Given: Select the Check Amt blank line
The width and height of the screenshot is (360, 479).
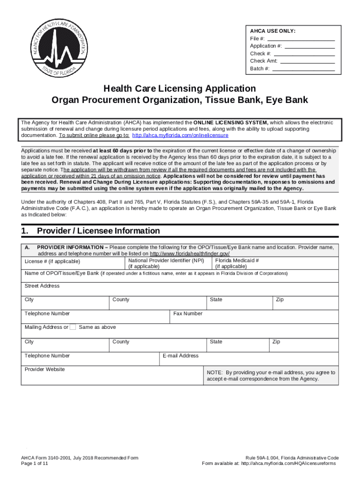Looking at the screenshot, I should pyautogui.click(x=307, y=61).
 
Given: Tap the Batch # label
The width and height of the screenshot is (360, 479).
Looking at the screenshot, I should pyautogui.click(x=259, y=69).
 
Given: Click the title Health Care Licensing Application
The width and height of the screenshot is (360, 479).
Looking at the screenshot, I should pyautogui.click(x=180, y=88).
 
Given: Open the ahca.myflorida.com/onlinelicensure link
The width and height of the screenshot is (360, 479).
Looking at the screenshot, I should pyautogui.click(x=180, y=135).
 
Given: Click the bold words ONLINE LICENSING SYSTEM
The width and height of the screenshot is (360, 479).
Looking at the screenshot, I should pyautogui.click(x=230, y=123).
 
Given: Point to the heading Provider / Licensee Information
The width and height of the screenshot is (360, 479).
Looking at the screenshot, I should pyautogui.click(x=98, y=231).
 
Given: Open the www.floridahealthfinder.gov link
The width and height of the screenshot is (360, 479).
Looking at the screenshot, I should pyautogui.click(x=189, y=253).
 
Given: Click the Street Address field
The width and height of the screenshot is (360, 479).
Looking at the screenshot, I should pyautogui.click(x=180, y=289).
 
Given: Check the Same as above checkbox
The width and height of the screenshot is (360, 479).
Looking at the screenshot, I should pyautogui.click(x=72, y=327).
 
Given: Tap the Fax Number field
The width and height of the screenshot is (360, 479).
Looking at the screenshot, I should pyautogui.click(x=253, y=317).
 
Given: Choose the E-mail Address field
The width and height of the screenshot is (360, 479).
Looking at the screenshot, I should pyautogui.click(x=248, y=359).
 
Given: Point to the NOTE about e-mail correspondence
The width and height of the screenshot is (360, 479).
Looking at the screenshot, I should pyautogui.click(x=271, y=376).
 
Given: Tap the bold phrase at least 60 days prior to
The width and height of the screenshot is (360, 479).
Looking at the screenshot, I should pyautogui.click(x=122, y=151).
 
